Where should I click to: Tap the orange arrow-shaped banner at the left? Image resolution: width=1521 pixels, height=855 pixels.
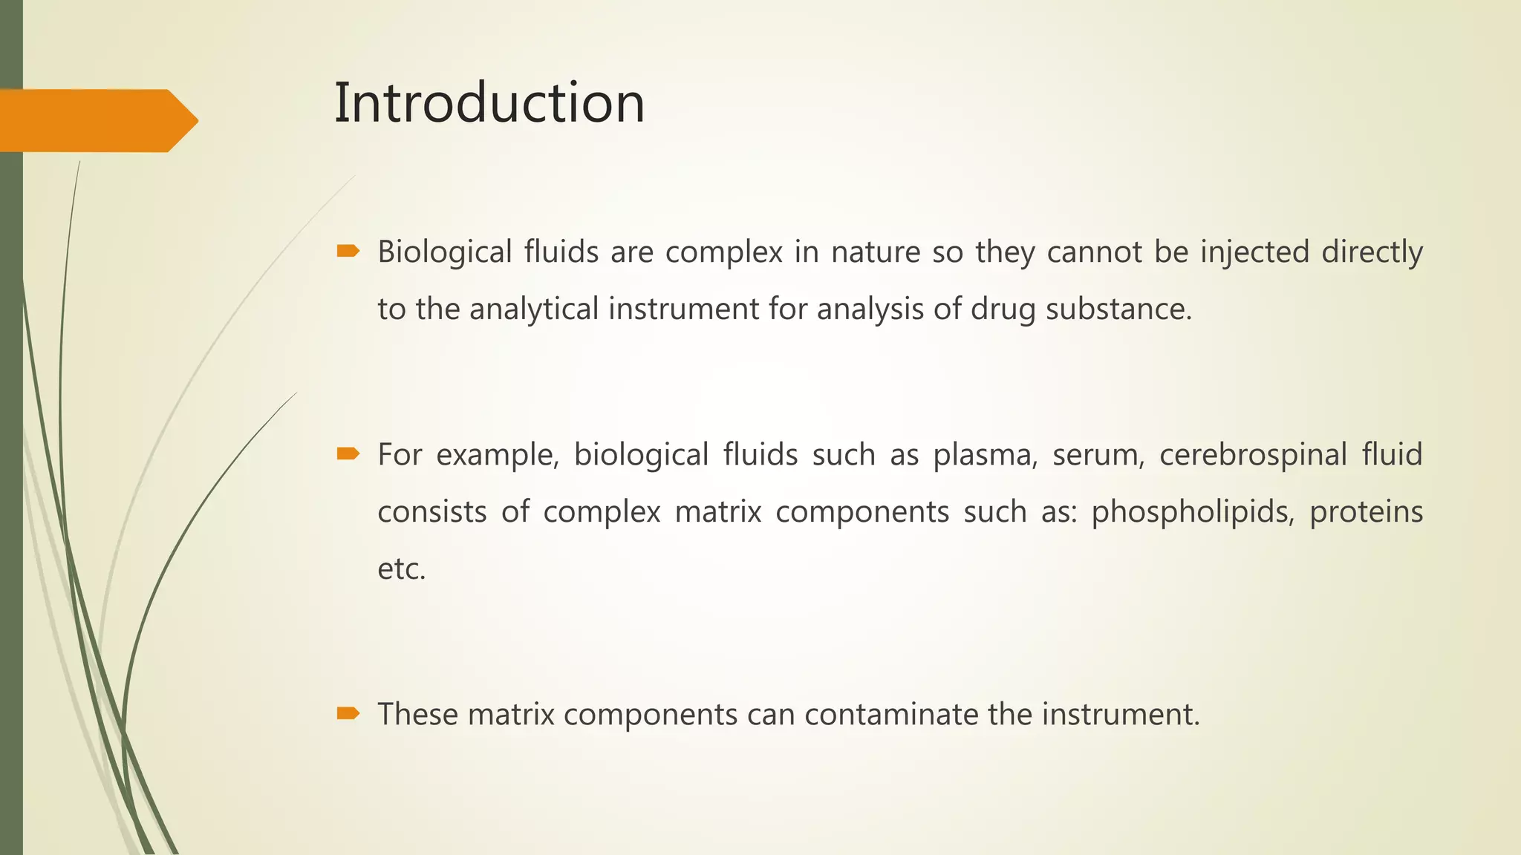tap(97, 120)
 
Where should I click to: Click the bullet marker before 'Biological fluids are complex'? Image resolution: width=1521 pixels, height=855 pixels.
tap(348, 252)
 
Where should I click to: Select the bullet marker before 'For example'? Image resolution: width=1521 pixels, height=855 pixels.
tap(348, 453)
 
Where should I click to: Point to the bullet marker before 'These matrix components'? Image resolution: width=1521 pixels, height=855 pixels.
tap(348, 713)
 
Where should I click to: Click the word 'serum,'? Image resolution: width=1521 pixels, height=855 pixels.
tap(1098, 454)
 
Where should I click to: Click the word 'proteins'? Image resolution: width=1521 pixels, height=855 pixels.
tap(1366, 511)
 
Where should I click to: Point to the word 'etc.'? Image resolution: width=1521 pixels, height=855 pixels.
tap(402, 569)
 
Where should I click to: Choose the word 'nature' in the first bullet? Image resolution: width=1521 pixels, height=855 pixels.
tap(875, 252)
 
